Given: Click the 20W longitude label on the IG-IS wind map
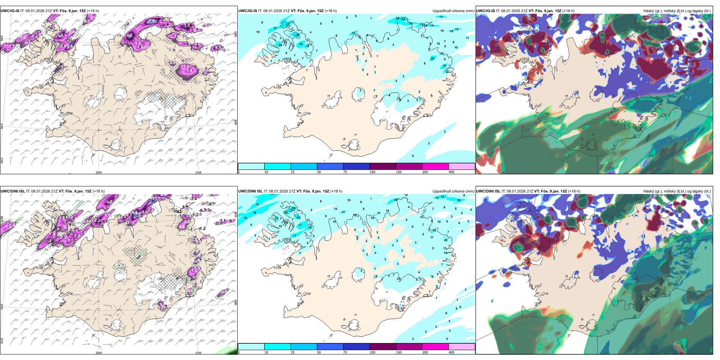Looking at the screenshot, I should pyautogui.click(x=99, y=172).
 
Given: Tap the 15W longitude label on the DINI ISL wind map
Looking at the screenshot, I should pyautogui.click(x=198, y=353).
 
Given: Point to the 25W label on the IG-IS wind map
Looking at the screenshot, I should pyautogui.click(x=2, y=160).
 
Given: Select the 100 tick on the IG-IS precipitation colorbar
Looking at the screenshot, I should pyautogui.click(x=373, y=172).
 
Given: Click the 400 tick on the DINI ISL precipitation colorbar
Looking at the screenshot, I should pyautogui.click(x=451, y=352).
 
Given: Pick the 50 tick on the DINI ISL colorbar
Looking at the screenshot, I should pyautogui.click(x=319, y=352).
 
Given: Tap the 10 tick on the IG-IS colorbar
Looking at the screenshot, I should pyautogui.click(x=266, y=172).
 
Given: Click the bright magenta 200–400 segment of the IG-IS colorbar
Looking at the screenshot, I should pyautogui.click(x=435, y=166).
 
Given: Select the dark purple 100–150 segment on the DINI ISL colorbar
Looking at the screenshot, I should pyautogui.click(x=383, y=347).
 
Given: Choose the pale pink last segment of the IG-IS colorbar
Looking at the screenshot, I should pyautogui.click(x=462, y=166).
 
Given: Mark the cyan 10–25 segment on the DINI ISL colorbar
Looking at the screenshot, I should pyautogui.click(x=277, y=347).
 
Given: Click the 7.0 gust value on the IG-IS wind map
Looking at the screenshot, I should pyautogui.click(x=152, y=21).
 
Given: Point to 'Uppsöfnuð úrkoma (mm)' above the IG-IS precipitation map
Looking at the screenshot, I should pyautogui.click(x=453, y=11).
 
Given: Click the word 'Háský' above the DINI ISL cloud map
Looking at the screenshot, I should pyautogui.click(x=649, y=191).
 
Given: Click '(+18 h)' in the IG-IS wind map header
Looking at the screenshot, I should pyautogui.click(x=93, y=11).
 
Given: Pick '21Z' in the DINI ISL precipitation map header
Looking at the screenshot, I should pyautogui.click(x=291, y=191).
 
